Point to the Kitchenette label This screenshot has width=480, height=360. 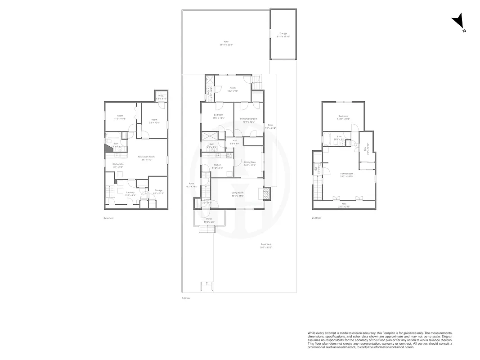(x=118, y=165)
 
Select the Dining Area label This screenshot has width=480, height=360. (x=250, y=163)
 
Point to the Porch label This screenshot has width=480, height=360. (x=209, y=220)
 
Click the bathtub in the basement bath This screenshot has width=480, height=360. (x=112, y=135)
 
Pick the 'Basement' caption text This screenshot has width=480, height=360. (x=108, y=218)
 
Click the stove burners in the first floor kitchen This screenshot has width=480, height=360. (x=229, y=155)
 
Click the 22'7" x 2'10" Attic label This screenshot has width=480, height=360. (x=344, y=205)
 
